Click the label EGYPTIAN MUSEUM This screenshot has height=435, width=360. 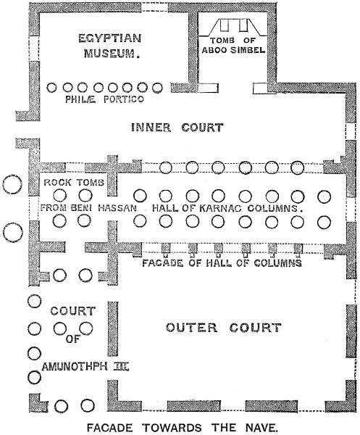[x=110, y=46]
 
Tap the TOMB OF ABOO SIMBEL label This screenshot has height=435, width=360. [x=233, y=45]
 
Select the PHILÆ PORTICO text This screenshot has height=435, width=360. [x=105, y=99]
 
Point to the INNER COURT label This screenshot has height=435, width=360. [x=177, y=128]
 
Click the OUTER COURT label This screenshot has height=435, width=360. [x=223, y=328]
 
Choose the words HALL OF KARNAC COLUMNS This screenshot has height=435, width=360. [x=227, y=208]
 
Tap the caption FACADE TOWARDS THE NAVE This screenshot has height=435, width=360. [x=181, y=428]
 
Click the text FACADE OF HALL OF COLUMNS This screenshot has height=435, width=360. [x=222, y=262]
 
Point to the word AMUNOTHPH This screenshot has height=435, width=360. [x=75, y=367]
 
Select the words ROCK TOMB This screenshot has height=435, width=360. [x=74, y=182]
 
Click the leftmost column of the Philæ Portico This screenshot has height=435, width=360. [x=52, y=88]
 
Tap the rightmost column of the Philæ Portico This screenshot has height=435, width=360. [x=157, y=88]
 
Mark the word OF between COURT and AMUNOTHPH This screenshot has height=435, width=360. [x=72, y=339]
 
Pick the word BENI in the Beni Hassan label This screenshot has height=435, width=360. [x=81, y=208]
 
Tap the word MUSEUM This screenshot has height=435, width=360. [x=111, y=53]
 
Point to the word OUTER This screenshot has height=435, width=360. [x=192, y=328]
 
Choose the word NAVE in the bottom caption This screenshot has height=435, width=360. [x=261, y=428]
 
